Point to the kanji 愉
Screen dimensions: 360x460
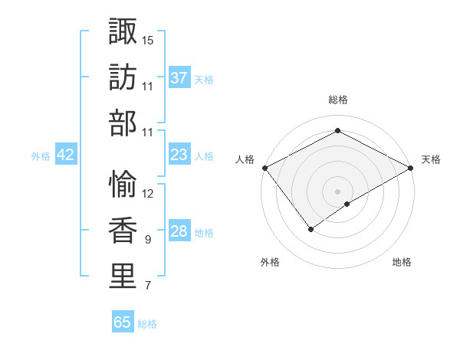pyautogui.click(x=123, y=182)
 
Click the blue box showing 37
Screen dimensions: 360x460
pyautogui.click(x=179, y=77)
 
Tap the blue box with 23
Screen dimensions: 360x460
pyautogui.click(x=179, y=155)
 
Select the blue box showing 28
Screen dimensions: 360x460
pyautogui.click(x=179, y=231)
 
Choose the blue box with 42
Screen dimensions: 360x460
pyautogui.click(x=66, y=155)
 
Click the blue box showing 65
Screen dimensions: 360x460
pyautogui.click(x=123, y=322)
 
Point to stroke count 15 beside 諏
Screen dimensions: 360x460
pyautogui.click(x=148, y=39)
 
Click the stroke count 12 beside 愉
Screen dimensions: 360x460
pyautogui.click(x=148, y=193)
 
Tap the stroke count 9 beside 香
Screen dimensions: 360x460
pyautogui.click(x=147, y=240)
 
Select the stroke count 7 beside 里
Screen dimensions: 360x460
pyautogui.click(x=147, y=286)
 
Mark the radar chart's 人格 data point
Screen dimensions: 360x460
pyautogui.click(x=264, y=168)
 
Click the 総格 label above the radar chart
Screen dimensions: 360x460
pyautogui.click(x=337, y=100)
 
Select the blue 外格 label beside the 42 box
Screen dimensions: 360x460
pyautogui.click(x=41, y=155)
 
